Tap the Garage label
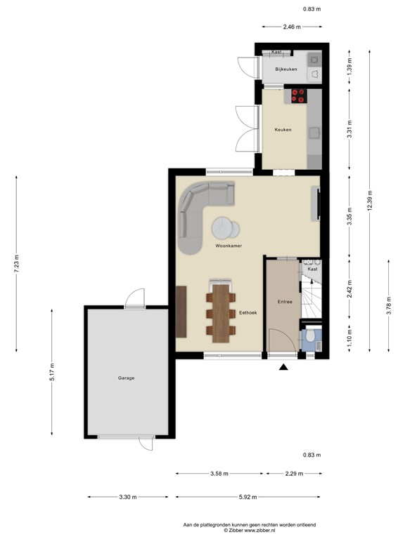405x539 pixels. [126, 378]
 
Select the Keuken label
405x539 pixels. [283, 130]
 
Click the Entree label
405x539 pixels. [285, 301]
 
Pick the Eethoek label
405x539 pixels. [247, 312]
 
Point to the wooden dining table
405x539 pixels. [221, 310]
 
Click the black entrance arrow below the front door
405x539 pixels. [283, 367]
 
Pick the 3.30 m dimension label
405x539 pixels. [127, 497]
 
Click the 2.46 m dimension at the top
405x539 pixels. [292, 27]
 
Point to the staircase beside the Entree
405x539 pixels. [311, 295]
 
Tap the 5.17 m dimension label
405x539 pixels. [52, 370]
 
